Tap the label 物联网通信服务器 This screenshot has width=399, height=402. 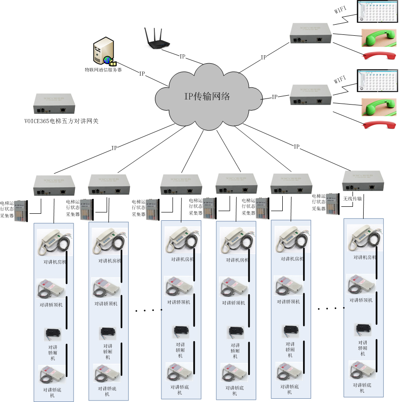pos(103,70)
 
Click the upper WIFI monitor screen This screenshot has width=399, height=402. pos(376,12)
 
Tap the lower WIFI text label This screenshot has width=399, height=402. pos(341,79)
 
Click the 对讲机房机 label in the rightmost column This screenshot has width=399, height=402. pos(365,257)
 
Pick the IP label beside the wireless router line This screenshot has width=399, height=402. pos(183,56)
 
